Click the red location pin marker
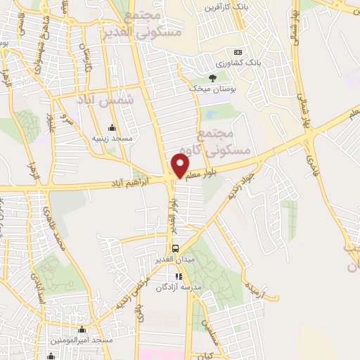(x=180, y=165)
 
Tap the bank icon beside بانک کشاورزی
(x=237, y=52)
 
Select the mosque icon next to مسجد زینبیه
(x=112, y=127)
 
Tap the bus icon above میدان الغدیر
(x=176, y=247)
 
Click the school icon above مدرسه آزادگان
(x=178, y=276)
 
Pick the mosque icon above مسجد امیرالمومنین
(x=82, y=329)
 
